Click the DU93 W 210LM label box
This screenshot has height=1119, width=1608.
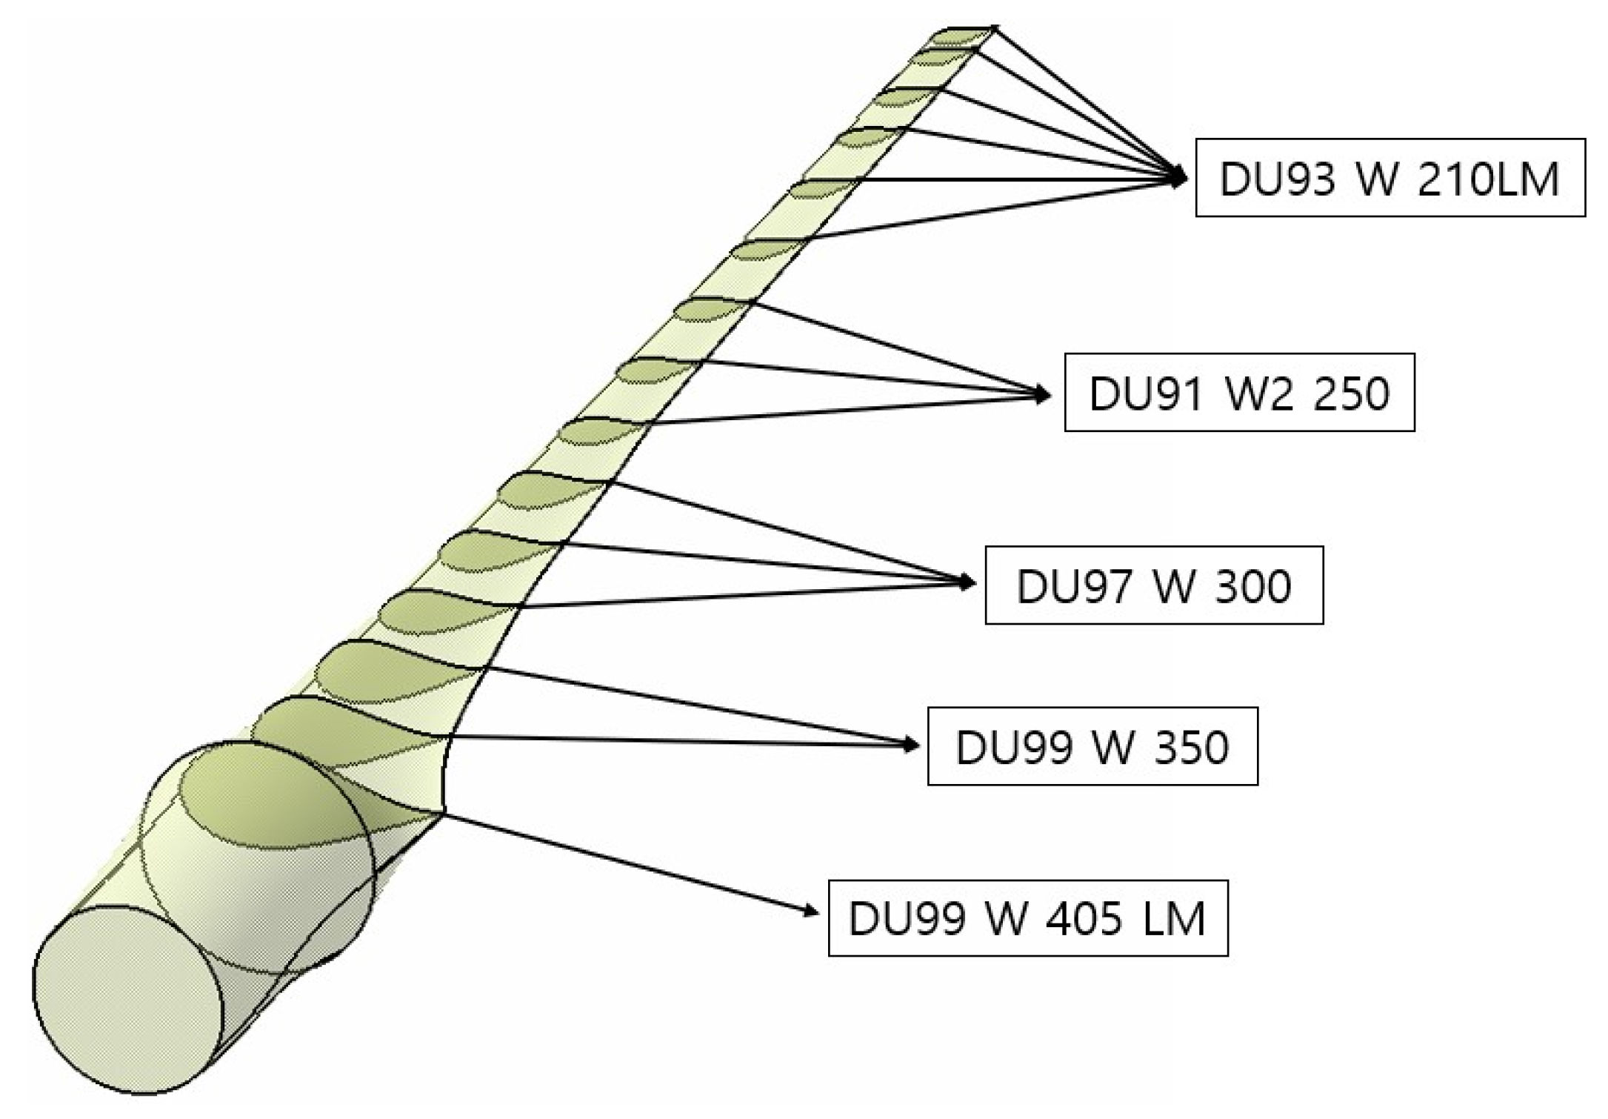[1390, 178]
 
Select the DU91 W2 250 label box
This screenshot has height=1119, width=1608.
[1239, 393]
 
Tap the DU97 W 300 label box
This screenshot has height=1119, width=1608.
[1153, 585]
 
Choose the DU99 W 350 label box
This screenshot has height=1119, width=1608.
[1092, 746]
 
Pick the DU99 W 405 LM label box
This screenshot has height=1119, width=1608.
[1027, 919]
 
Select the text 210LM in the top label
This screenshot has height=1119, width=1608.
[1488, 179]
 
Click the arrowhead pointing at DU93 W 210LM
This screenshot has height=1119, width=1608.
[1180, 178]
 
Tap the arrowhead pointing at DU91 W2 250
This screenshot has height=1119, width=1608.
[1044, 394]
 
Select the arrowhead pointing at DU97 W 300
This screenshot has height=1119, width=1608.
[969, 582]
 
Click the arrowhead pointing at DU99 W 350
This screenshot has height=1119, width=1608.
[912, 745]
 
